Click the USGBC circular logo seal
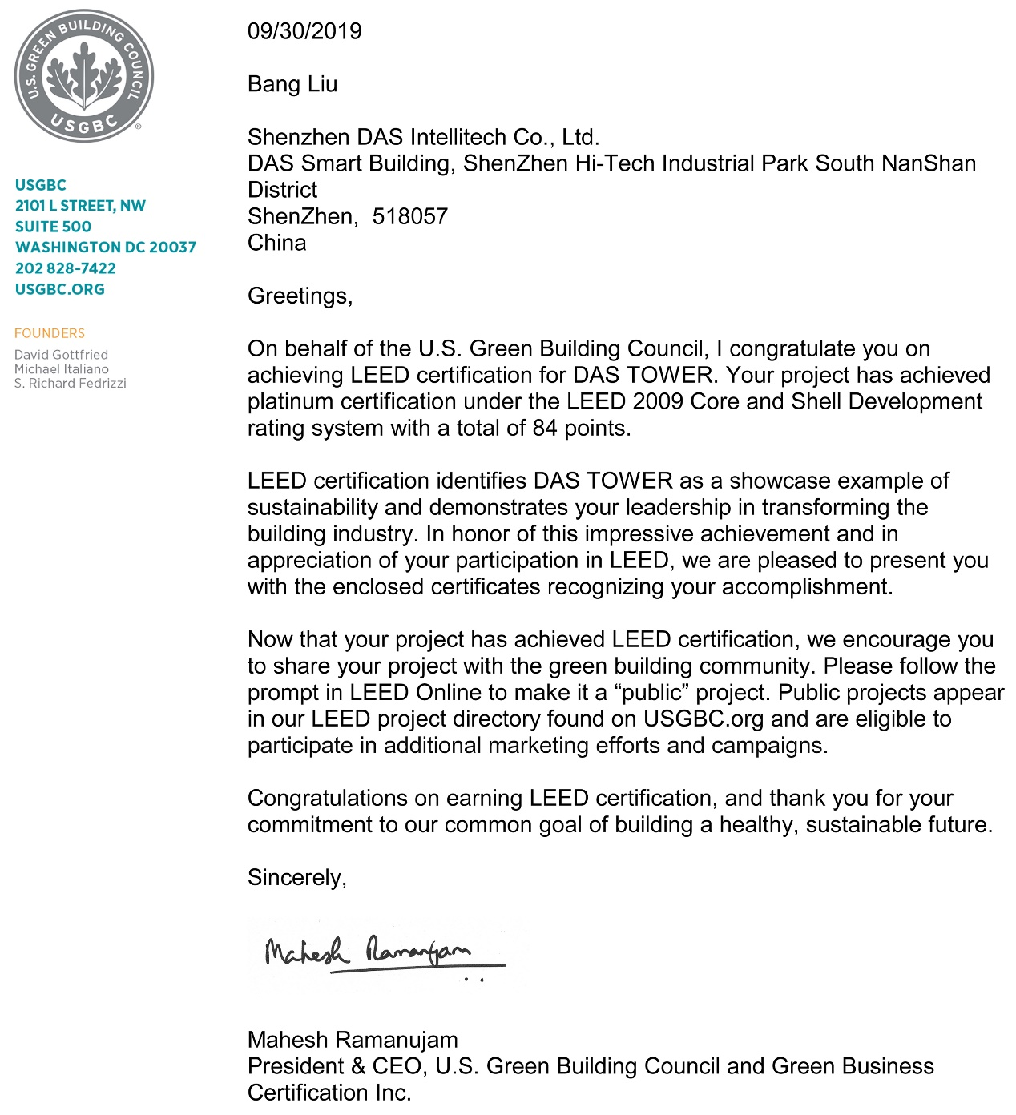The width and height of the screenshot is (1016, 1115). point(83,77)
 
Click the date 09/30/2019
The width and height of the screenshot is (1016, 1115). point(304,31)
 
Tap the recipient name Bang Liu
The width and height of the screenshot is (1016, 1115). point(292,84)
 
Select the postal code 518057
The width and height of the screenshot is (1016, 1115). point(409,216)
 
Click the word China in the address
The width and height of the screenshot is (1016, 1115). point(277,243)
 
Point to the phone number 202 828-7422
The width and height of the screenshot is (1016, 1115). point(66,268)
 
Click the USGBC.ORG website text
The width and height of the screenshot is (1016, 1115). point(60,289)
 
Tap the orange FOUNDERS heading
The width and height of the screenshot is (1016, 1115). point(50,333)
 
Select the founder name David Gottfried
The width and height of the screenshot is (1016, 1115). point(61,355)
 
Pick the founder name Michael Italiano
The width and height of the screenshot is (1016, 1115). point(62,369)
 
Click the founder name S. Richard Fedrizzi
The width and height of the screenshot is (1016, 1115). point(71,384)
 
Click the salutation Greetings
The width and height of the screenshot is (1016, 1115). point(300,296)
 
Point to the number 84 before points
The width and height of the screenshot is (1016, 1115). point(545,428)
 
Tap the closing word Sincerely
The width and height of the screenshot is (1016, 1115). point(296,878)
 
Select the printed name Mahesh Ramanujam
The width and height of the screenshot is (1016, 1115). point(353,1040)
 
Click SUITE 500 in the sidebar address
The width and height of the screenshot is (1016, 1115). point(53,227)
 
